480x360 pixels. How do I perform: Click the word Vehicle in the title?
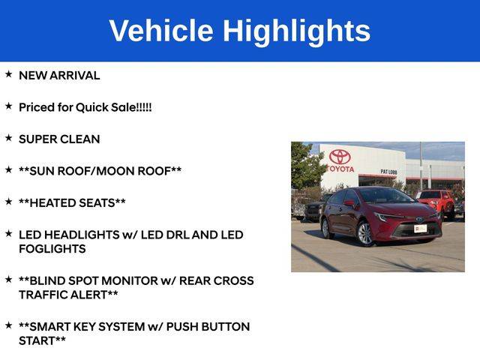pyautogui.click(x=161, y=31)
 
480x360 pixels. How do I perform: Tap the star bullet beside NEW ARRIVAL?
pyautogui.click(x=8, y=74)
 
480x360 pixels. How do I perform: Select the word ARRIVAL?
pyautogui.click(x=74, y=76)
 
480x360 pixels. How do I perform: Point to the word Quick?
pyautogui.click(x=91, y=107)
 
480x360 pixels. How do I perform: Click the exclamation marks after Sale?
pyautogui.click(x=144, y=107)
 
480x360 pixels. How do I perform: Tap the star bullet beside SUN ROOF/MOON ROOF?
pyautogui.click(x=8, y=169)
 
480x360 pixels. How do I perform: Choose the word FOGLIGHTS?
pyautogui.click(x=52, y=249)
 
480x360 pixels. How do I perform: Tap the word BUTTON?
pyautogui.click(x=223, y=327)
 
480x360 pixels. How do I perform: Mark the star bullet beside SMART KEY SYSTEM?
pyautogui.click(x=8, y=325)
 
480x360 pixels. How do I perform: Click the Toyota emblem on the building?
pyautogui.click(x=340, y=157)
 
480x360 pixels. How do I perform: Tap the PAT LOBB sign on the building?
pyautogui.click(x=388, y=172)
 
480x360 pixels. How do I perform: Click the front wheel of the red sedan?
pyautogui.click(x=365, y=234)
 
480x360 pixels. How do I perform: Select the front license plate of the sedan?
pyautogui.click(x=420, y=228)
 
